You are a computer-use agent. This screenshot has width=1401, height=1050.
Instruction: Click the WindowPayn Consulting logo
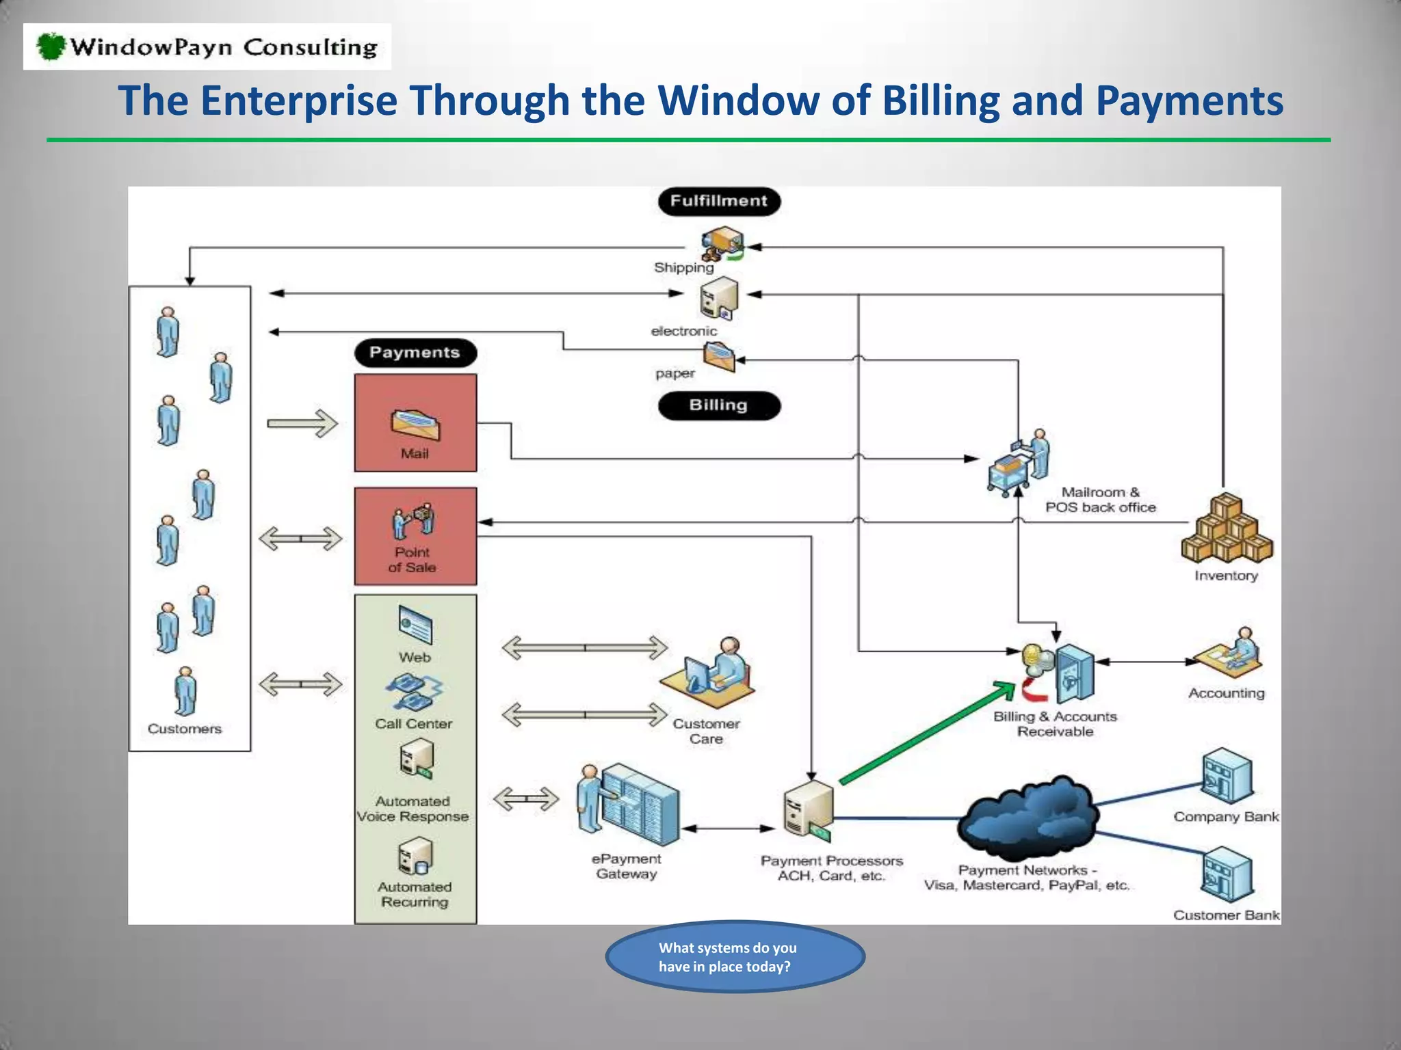pos(207,46)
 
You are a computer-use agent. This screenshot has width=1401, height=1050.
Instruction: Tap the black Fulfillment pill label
pos(718,201)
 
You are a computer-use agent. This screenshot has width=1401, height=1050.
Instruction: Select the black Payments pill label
pos(415,353)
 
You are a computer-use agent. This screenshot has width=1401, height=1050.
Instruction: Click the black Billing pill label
pos(718,405)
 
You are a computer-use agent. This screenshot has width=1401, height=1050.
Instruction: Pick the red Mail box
pos(415,422)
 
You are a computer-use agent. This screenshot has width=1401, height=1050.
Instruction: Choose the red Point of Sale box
pos(415,536)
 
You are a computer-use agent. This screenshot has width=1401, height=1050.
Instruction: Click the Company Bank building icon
pos(1227,777)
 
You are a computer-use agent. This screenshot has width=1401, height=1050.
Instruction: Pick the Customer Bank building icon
pos(1227,875)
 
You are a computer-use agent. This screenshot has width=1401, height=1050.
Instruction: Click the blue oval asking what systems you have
pos(734,956)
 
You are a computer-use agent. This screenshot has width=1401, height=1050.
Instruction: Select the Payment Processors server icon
pos(809,810)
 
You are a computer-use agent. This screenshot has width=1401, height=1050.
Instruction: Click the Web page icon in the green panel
pos(415,625)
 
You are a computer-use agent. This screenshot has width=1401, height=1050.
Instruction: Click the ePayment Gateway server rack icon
pos(629,805)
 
